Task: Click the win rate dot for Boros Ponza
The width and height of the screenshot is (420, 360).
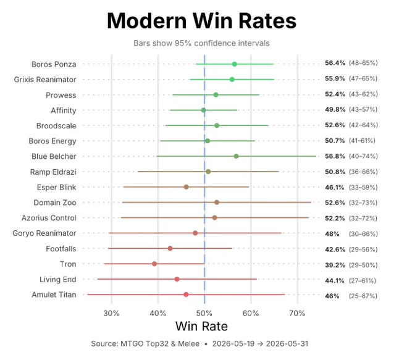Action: tap(234, 64)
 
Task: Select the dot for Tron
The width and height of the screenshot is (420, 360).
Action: tap(154, 264)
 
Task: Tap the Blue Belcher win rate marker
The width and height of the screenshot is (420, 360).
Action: tap(236, 156)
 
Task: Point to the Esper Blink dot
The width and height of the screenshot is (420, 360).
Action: tap(186, 187)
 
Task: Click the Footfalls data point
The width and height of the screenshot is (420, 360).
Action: tap(170, 249)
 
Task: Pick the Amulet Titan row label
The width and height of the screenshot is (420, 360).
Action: tap(54, 295)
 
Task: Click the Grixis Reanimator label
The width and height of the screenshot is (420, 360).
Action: tap(45, 80)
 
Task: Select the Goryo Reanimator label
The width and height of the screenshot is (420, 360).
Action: tap(44, 233)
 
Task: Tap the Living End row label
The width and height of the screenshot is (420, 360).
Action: tap(58, 279)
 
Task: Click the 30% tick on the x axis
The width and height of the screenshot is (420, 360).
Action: tap(111, 313)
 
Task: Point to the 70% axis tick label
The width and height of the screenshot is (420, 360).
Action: tap(297, 313)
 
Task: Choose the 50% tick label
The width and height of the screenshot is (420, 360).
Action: tap(204, 313)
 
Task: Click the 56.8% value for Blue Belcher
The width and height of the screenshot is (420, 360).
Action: tap(335, 156)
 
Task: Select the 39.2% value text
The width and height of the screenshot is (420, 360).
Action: tap(335, 265)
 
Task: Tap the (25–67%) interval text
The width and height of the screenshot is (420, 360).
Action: tap(363, 296)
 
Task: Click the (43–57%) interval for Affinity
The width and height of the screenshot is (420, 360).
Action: tap(363, 109)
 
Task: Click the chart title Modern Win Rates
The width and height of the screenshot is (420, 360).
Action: tap(202, 20)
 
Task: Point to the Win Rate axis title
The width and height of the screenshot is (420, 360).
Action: tap(202, 326)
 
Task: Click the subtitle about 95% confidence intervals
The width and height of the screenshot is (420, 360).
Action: tap(202, 43)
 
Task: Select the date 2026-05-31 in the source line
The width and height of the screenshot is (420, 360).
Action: tap(287, 344)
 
